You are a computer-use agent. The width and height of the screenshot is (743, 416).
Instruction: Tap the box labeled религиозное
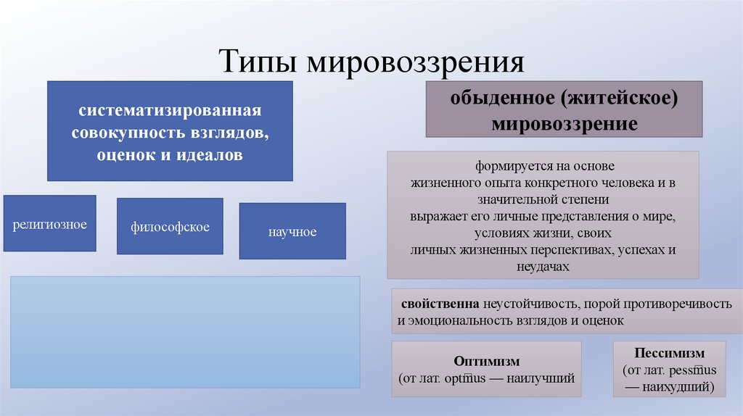coord(49,224)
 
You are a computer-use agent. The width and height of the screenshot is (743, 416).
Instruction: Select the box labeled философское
coord(170,227)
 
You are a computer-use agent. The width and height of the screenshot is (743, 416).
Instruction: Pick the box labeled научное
coord(292,232)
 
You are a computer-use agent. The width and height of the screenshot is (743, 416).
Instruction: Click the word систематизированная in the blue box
coord(170,112)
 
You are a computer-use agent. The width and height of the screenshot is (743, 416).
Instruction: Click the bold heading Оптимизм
coord(486,361)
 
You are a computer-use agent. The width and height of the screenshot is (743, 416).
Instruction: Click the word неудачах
coord(541,267)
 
